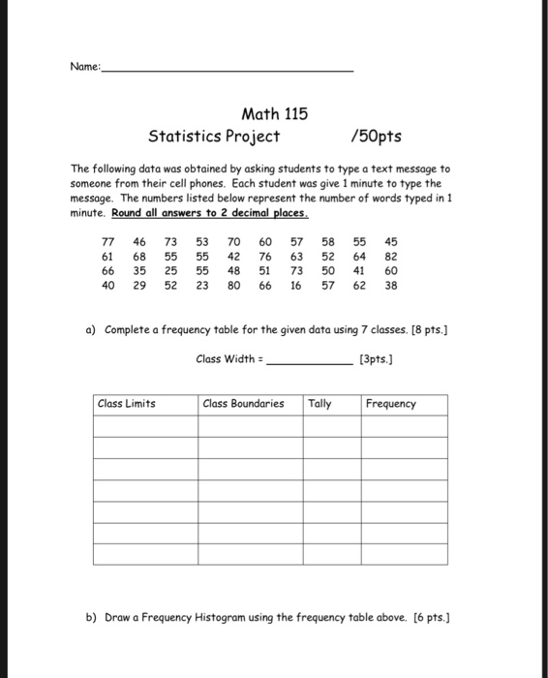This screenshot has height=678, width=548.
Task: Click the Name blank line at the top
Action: tap(228, 70)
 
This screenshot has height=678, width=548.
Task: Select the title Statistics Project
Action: tap(214, 137)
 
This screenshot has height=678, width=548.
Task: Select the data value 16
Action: tap(295, 287)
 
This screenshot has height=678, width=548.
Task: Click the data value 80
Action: tap(233, 287)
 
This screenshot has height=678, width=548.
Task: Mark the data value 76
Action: tap(264, 257)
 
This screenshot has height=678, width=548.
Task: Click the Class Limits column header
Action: tap(126, 404)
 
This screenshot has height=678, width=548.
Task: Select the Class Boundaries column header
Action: tap(244, 404)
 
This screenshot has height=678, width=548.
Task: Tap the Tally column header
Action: tap(320, 404)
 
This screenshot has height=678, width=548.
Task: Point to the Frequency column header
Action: tap(391, 404)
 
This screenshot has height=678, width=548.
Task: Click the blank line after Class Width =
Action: tap(309, 360)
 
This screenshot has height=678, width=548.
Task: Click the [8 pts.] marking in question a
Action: tap(430, 330)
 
